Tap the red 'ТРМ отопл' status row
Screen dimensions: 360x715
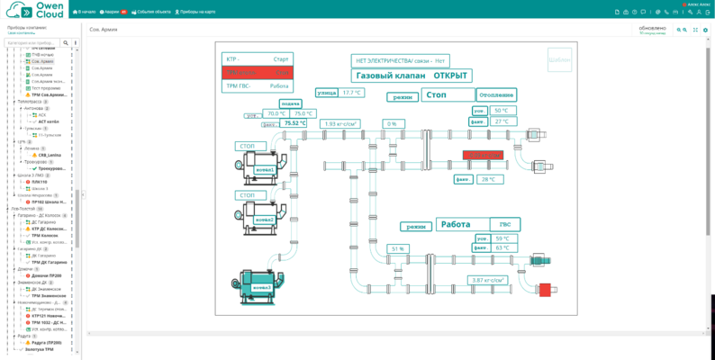pos(257,72)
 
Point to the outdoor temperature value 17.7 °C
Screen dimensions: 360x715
pos(351,93)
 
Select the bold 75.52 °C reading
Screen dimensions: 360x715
pos(295,123)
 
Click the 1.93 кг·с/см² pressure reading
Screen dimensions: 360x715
pos(342,123)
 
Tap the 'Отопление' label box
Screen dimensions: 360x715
pos(497,94)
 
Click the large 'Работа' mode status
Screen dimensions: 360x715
pos(456,225)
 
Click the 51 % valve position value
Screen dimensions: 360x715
pos(397,248)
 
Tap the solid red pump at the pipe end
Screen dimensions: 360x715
pos(544,290)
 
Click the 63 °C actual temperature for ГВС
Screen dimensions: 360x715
pos(502,247)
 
